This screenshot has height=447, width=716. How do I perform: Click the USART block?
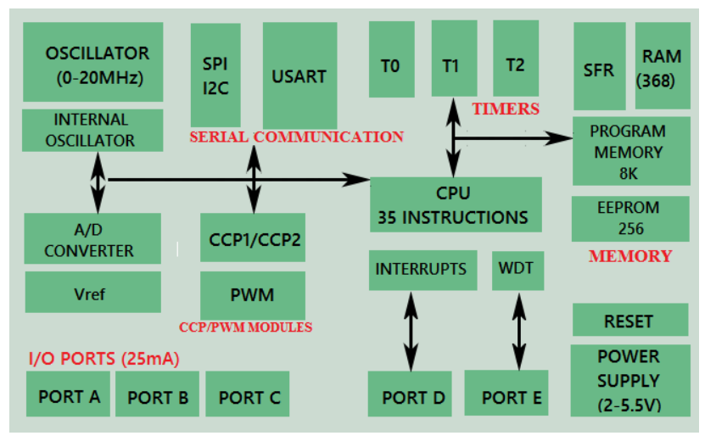tap(299, 75)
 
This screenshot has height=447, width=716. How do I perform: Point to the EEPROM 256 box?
tap(631, 218)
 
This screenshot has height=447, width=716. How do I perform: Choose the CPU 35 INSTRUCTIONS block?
tap(456, 204)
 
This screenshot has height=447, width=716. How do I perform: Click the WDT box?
tap(517, 270)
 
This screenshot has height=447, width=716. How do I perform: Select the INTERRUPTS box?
tap(421, 270)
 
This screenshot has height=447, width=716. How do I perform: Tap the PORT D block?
tap(413, 397)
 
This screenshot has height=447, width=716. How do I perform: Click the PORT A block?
tap(69, 395)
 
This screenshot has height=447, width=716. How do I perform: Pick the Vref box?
tap(92, 293)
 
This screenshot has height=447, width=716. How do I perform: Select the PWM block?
tap(253, 295)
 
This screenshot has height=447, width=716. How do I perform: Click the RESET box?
tap(629, 321)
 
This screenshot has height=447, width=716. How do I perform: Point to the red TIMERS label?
tap(506, 109)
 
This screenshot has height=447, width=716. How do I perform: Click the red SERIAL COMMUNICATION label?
tap(296, 137)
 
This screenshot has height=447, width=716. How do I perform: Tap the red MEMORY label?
tap(630, 255)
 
